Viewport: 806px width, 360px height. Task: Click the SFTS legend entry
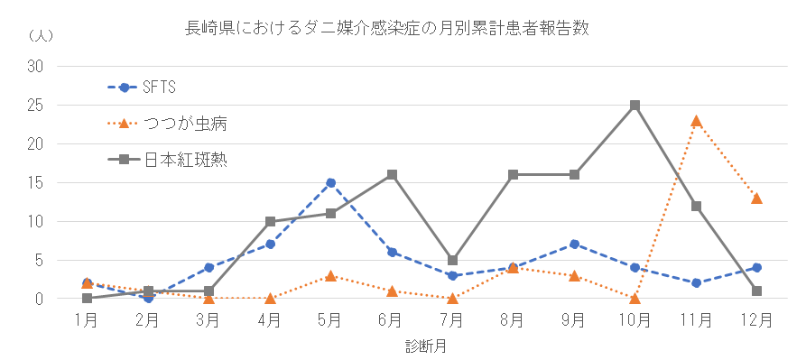coord(159,88)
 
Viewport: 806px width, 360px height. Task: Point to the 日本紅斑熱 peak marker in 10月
coord(635,105)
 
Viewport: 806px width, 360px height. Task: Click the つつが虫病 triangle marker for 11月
coord(696,120)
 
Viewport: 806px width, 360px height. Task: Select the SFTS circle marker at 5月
coord(331,182)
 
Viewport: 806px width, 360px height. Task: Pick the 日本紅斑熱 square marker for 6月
coord(392,174)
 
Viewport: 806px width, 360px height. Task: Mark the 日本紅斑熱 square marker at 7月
coord(452,260)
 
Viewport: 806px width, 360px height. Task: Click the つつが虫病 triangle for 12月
coord(756,198)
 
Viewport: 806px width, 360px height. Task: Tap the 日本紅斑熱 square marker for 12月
coord(756,291)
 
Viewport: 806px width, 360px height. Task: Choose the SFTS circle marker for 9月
coord(574,244)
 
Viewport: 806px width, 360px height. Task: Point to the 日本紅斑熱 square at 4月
coord(270,221)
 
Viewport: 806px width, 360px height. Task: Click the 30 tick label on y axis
coord(36,66)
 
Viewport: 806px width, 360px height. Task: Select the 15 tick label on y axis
coord(36,182)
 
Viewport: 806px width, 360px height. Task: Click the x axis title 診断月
coord(422,346)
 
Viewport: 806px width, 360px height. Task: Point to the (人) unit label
coord(41,36)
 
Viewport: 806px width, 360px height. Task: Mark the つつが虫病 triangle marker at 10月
coord(635,298)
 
